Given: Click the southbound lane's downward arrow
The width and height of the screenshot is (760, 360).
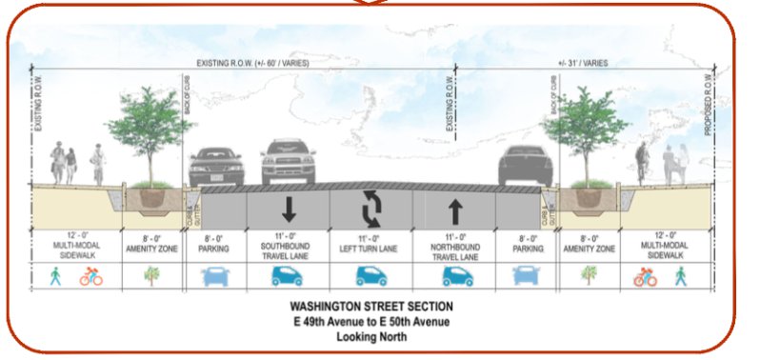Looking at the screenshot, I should pos(289,208).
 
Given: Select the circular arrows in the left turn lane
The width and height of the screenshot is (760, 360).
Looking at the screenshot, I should pos(370,207).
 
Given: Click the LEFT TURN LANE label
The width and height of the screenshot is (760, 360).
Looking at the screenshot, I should pos(370,247).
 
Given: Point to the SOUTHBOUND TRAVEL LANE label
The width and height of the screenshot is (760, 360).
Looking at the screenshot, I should pos(289,247).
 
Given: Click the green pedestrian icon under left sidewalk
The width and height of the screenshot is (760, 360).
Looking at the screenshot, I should pos(54,276).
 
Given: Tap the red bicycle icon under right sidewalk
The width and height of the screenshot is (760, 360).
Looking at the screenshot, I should pos(646,277).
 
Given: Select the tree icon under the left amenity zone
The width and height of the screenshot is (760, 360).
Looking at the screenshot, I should pos(152,276).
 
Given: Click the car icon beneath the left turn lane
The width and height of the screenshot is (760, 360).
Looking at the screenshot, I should pos(370,276).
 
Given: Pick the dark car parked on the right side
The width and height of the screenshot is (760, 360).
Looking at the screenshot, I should pos(524,166).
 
